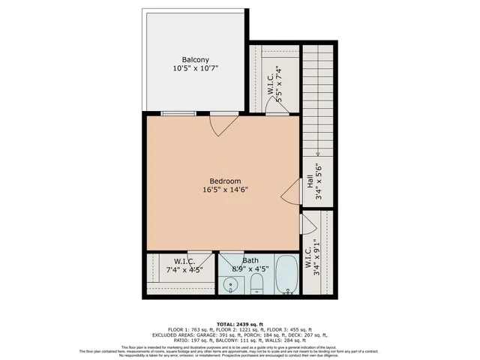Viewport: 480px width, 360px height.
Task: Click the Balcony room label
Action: click(x=195, y=59)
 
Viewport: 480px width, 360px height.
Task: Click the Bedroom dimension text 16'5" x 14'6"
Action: click(x=225, y=190)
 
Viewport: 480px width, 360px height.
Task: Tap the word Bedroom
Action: click(x=225, y=181)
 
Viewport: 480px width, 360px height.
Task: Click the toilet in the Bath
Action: click(x=256, y=282)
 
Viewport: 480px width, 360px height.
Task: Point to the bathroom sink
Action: click(x=232, y=284)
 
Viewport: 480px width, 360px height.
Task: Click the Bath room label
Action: click(x=250, y=260)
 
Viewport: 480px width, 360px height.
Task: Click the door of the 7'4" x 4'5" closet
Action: click(x=197, y=259)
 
